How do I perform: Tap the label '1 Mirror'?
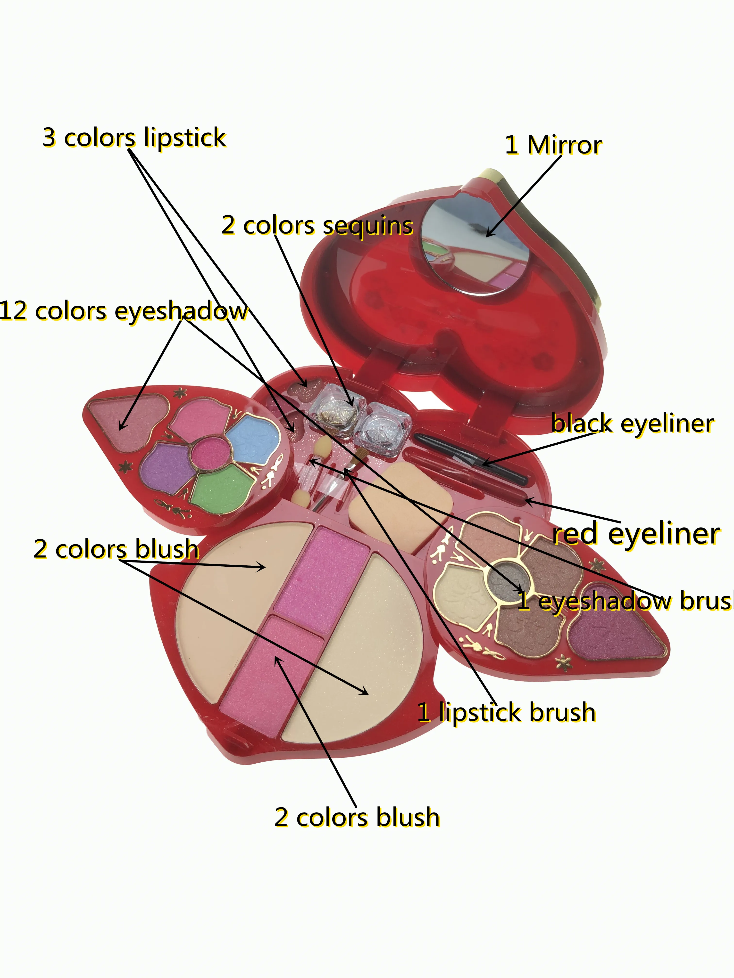click(553, 145)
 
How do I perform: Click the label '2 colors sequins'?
click(317, 226)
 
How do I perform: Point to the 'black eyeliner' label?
click(633, 424)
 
